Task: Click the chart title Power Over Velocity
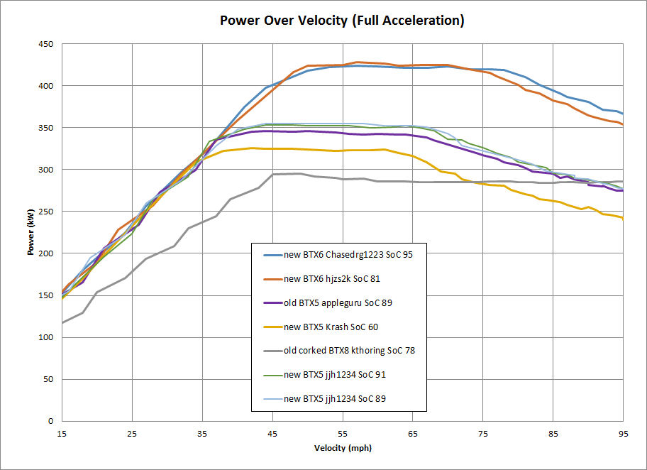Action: click(342, 20)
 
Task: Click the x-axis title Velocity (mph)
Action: click(343, 448)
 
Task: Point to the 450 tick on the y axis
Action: click(46, 44)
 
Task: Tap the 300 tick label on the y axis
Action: click(46, 170)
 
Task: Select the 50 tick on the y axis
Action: click(48, 379)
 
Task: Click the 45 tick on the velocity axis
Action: click(272, 433)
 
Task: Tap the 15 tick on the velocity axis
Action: click(62, 433)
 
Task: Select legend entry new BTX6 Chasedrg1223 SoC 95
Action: click(348, 255)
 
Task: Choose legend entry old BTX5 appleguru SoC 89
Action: click(338, 302)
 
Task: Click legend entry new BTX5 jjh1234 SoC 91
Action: click(334, 375)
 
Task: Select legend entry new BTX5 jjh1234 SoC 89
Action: click(334, 399)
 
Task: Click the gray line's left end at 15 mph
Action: click(62, 323)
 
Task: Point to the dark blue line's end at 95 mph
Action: click(622, 114)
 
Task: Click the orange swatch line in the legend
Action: click(270, 279)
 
